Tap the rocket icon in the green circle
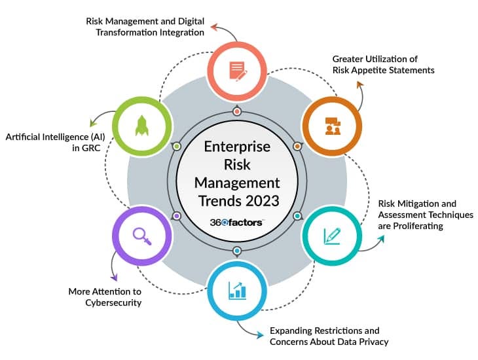[142, 126]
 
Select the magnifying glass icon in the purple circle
[142, 234]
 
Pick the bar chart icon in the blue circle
[237, 289]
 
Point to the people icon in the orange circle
[332, 126]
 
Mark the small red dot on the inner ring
[237, 111]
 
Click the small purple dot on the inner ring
[177, 216]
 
